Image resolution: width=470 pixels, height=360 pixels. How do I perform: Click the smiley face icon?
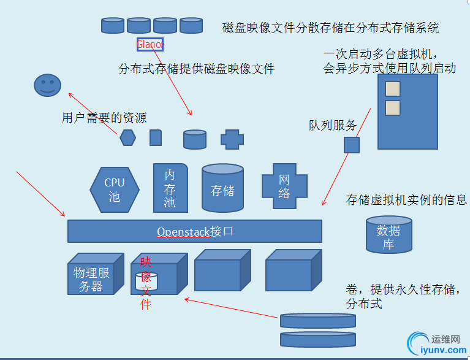pos(48,85)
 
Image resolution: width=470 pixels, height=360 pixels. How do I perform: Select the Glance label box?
pos(150,44)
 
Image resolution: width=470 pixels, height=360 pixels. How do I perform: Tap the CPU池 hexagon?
pos(115,189)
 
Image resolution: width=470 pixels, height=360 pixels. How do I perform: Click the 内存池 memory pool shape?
pos(170,188)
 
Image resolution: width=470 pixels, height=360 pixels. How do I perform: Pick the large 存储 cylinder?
pos(222,189)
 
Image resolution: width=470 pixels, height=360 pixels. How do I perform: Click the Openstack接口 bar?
pos(194,231)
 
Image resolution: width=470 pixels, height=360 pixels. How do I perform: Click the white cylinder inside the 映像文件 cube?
pos(146,281)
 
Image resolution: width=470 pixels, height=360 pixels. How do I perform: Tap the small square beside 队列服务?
pos(351,145)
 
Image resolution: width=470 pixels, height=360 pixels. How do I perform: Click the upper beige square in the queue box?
pos(392,88)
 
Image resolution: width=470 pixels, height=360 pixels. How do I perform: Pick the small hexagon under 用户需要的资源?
pos(127,137)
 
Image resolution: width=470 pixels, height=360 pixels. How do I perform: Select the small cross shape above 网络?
pos(232,139)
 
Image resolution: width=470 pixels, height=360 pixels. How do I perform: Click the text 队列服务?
pos(333,126)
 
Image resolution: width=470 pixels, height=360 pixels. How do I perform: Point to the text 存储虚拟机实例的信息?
pos(406,200)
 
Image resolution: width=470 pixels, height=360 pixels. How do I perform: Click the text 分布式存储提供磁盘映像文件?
pos(196,69)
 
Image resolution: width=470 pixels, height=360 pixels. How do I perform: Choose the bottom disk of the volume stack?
pos(317,339)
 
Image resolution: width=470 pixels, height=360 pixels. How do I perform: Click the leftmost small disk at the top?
pos(112,25)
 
